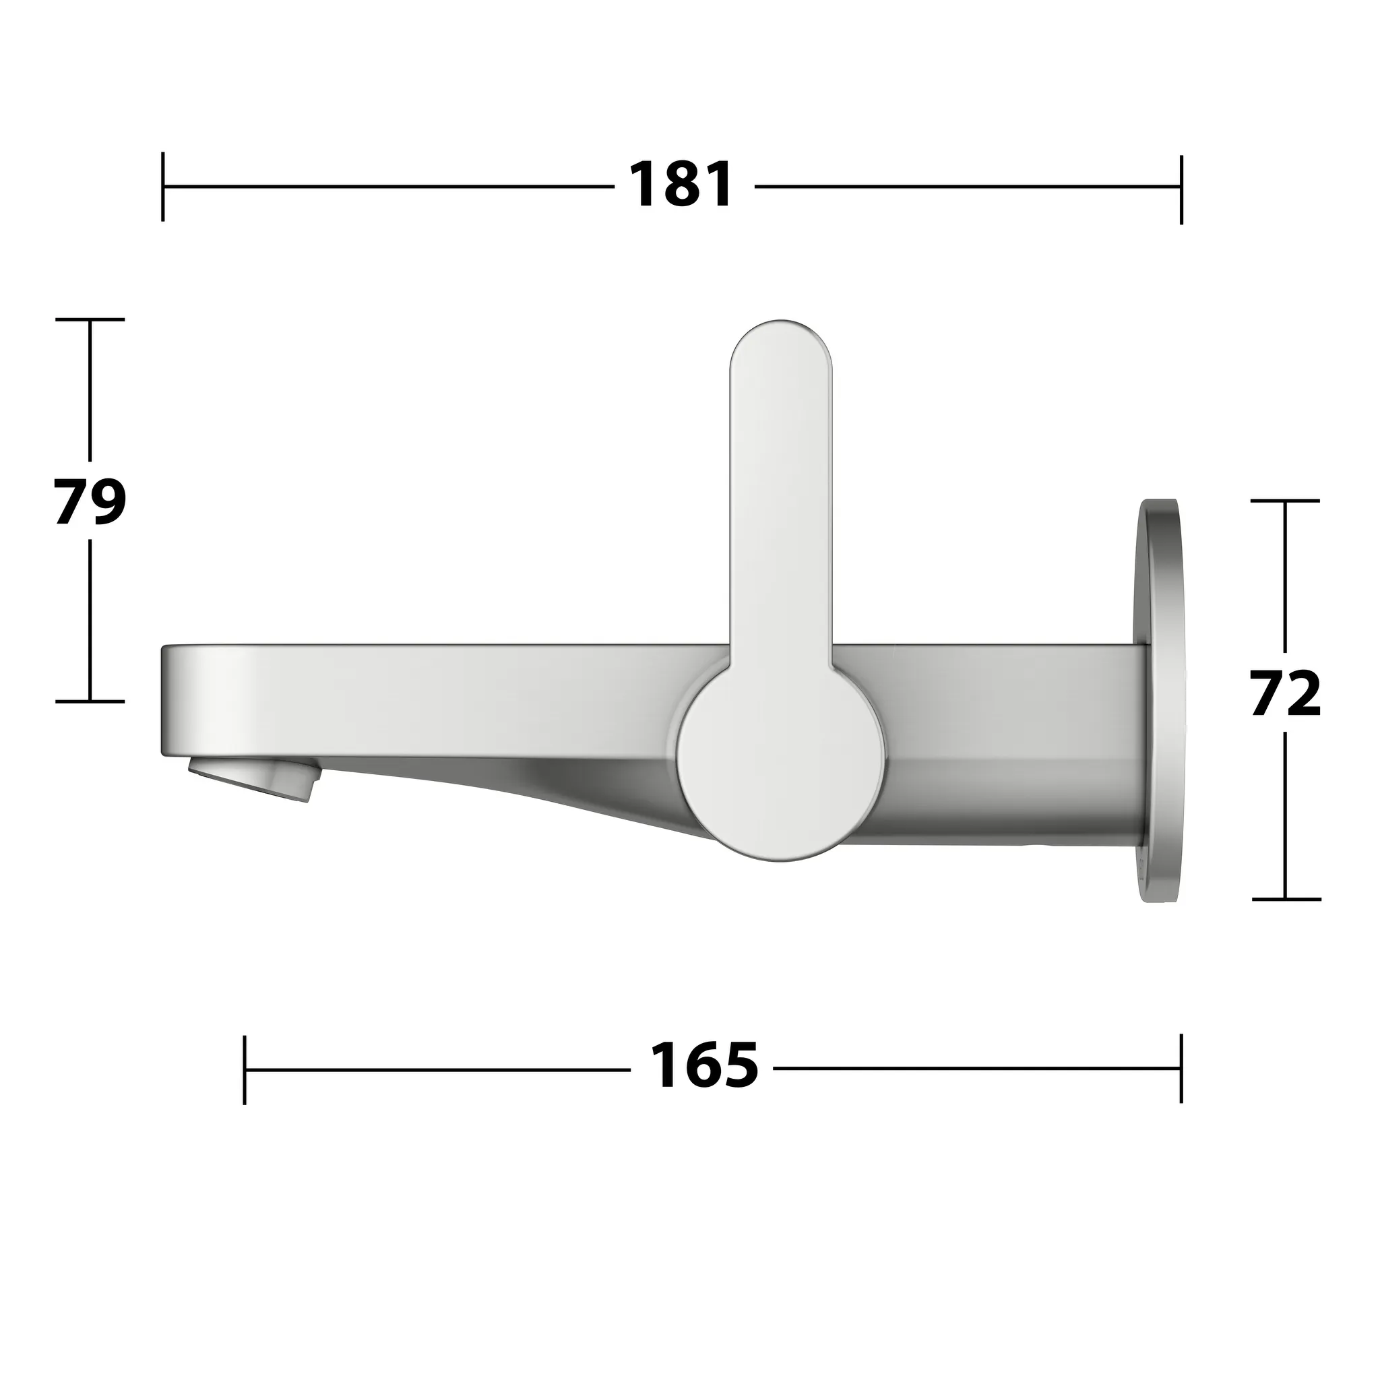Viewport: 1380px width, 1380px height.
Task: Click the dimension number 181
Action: tap(681, 186)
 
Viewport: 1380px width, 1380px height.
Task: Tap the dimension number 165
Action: tap(703, 1067)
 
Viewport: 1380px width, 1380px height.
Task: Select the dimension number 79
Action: tap(90, 502)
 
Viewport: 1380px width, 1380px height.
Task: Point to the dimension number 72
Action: tap(1286, 693)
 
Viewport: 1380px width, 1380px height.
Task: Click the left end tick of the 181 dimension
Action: tap(163, 187)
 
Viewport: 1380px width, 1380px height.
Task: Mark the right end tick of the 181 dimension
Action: tap(1181, 189)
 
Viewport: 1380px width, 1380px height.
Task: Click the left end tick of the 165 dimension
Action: tap(245, 1069)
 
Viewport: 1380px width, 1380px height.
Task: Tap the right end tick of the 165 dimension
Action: tap(1181, 1068)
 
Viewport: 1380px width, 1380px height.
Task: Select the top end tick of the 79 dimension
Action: tap(90, 319)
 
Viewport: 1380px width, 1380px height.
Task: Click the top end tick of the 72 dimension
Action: tap(1286, 501)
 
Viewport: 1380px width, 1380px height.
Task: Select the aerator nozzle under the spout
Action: tap(253, 780)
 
